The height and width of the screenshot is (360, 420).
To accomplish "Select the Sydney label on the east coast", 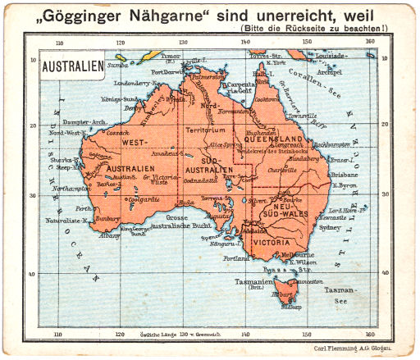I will tap(329, 227).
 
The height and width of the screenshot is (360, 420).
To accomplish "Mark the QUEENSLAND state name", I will tap(288, 139).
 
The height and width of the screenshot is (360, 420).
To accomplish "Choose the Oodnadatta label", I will tap(201, 180).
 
